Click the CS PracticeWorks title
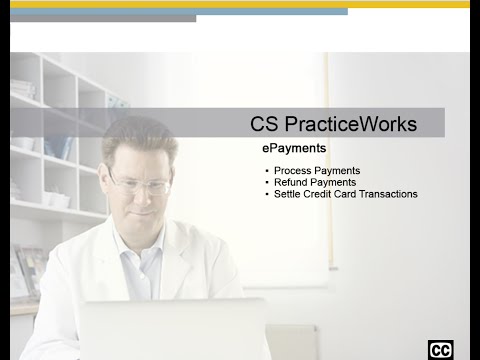tap(333, 125)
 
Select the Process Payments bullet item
tap(317, 171)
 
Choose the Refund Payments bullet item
tap(315, 183)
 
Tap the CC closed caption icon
tap(440, 349)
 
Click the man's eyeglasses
tap(139, 185)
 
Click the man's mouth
tap(139, 213)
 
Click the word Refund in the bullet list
tap(291, 183)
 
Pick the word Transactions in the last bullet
tap(387, 194)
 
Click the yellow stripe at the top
tap(240, 4)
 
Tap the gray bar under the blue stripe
tap(100, 18)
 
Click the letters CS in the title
tap(264, 125)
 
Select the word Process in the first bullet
tap(293, 171)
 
